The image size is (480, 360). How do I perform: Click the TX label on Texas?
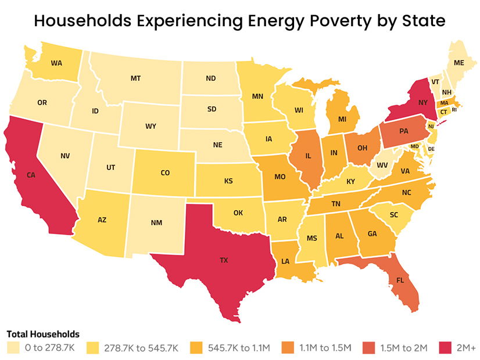click(224, 261)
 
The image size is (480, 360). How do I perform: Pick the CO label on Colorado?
click(165, 172)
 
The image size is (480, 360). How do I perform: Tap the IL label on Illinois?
click(309, 156)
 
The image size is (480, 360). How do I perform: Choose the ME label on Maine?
click(459, 63)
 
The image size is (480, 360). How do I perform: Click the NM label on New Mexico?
click(156, 223)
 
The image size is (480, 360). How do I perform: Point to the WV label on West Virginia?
click(382, 165)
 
